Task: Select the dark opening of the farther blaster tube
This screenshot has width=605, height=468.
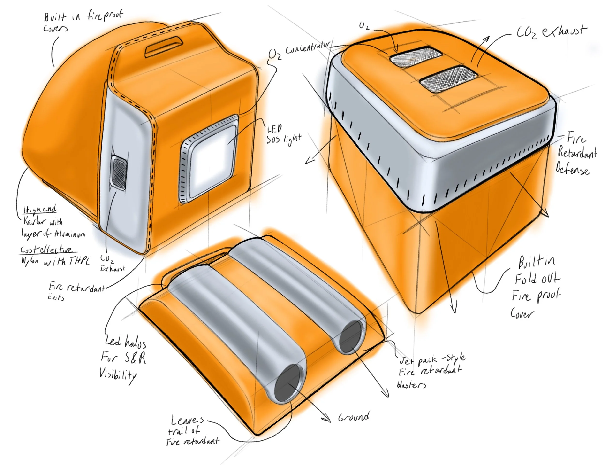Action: [351, 337]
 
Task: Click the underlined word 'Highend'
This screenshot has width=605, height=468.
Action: [40, 209]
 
